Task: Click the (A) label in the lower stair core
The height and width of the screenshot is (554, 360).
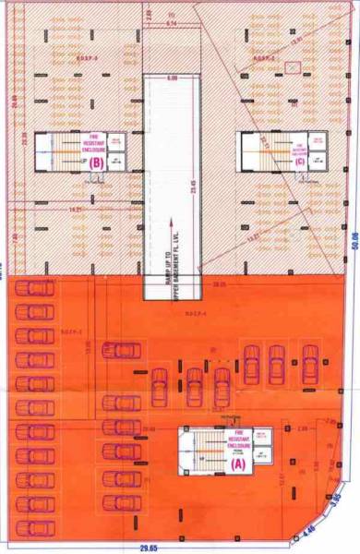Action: (x=237, y=467)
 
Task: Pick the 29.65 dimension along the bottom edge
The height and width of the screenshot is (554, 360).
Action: (x=147, y=548)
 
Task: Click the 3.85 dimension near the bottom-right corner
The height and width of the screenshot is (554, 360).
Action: (x=336, y=500)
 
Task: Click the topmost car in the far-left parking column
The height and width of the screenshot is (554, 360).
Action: (x=35, y=288)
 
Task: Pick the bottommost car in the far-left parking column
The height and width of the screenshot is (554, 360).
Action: (x=35, y=527)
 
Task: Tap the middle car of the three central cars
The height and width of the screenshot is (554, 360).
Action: (x=194, y=384)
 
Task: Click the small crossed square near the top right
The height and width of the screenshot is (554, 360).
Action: (x=292, y=67)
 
